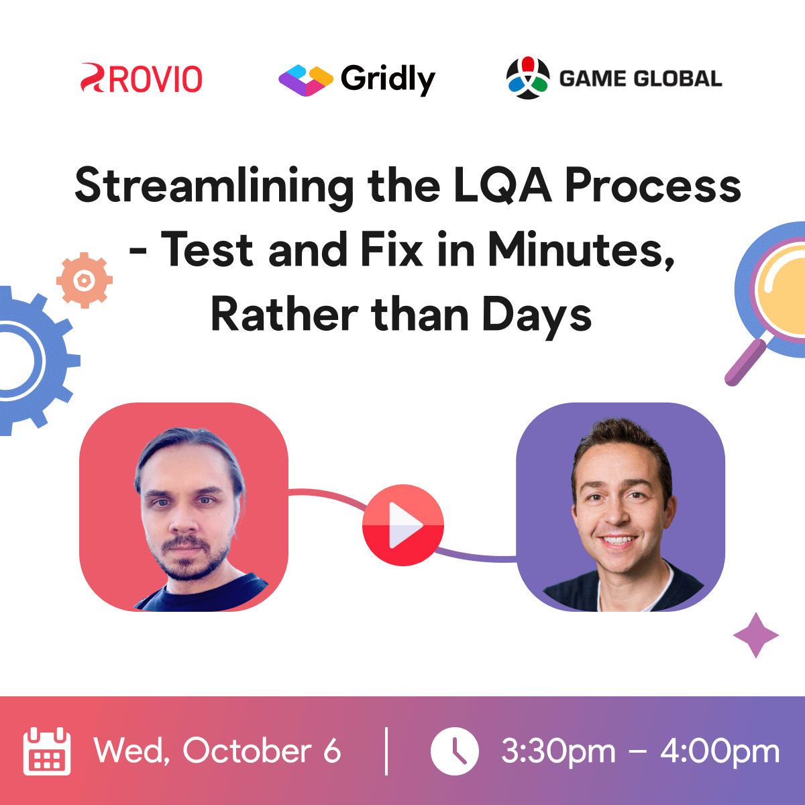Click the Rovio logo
(142, 78)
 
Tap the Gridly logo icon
(305, 80)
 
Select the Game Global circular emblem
(528, 78)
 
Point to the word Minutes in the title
(580, 250)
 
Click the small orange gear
(84, 280)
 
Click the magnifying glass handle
(745, 362)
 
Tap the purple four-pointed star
(756, 635)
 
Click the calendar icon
(47, 751)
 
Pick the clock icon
(455, 751)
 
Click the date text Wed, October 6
(217, 751)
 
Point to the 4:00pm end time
(720, 751)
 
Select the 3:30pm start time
(558, 751)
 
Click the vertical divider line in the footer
(386, 751)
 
